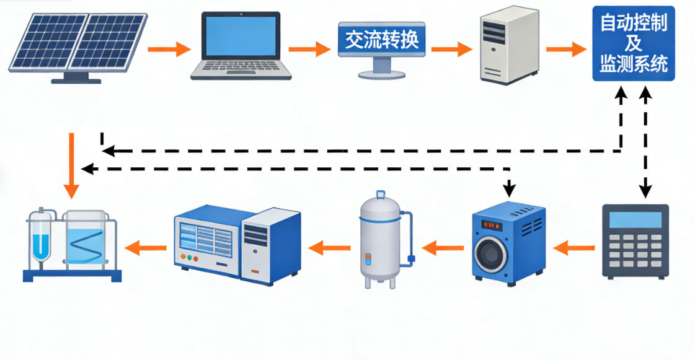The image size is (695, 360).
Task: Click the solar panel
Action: (78, 42)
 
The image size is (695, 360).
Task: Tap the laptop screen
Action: (241, 38)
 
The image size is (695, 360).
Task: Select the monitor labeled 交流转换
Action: (381, 40)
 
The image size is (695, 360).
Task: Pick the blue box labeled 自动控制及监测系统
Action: (634, 43)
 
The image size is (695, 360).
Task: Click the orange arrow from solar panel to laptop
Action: (168, 48)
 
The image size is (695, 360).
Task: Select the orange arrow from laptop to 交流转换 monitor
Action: (310, 48)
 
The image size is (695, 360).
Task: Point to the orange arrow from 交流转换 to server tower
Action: (451, 48)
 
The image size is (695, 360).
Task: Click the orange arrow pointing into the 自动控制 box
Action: (565, 48)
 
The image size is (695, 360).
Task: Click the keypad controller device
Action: (635, 240)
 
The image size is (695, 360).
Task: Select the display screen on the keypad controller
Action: (635, 220)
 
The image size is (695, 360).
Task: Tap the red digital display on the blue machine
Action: (493, 224)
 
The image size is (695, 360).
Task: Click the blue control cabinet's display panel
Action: (207, 237)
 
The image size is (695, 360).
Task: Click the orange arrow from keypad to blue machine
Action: (569, 248)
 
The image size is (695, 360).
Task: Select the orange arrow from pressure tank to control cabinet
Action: (325, 248)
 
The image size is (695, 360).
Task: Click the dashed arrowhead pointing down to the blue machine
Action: (509, 188)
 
